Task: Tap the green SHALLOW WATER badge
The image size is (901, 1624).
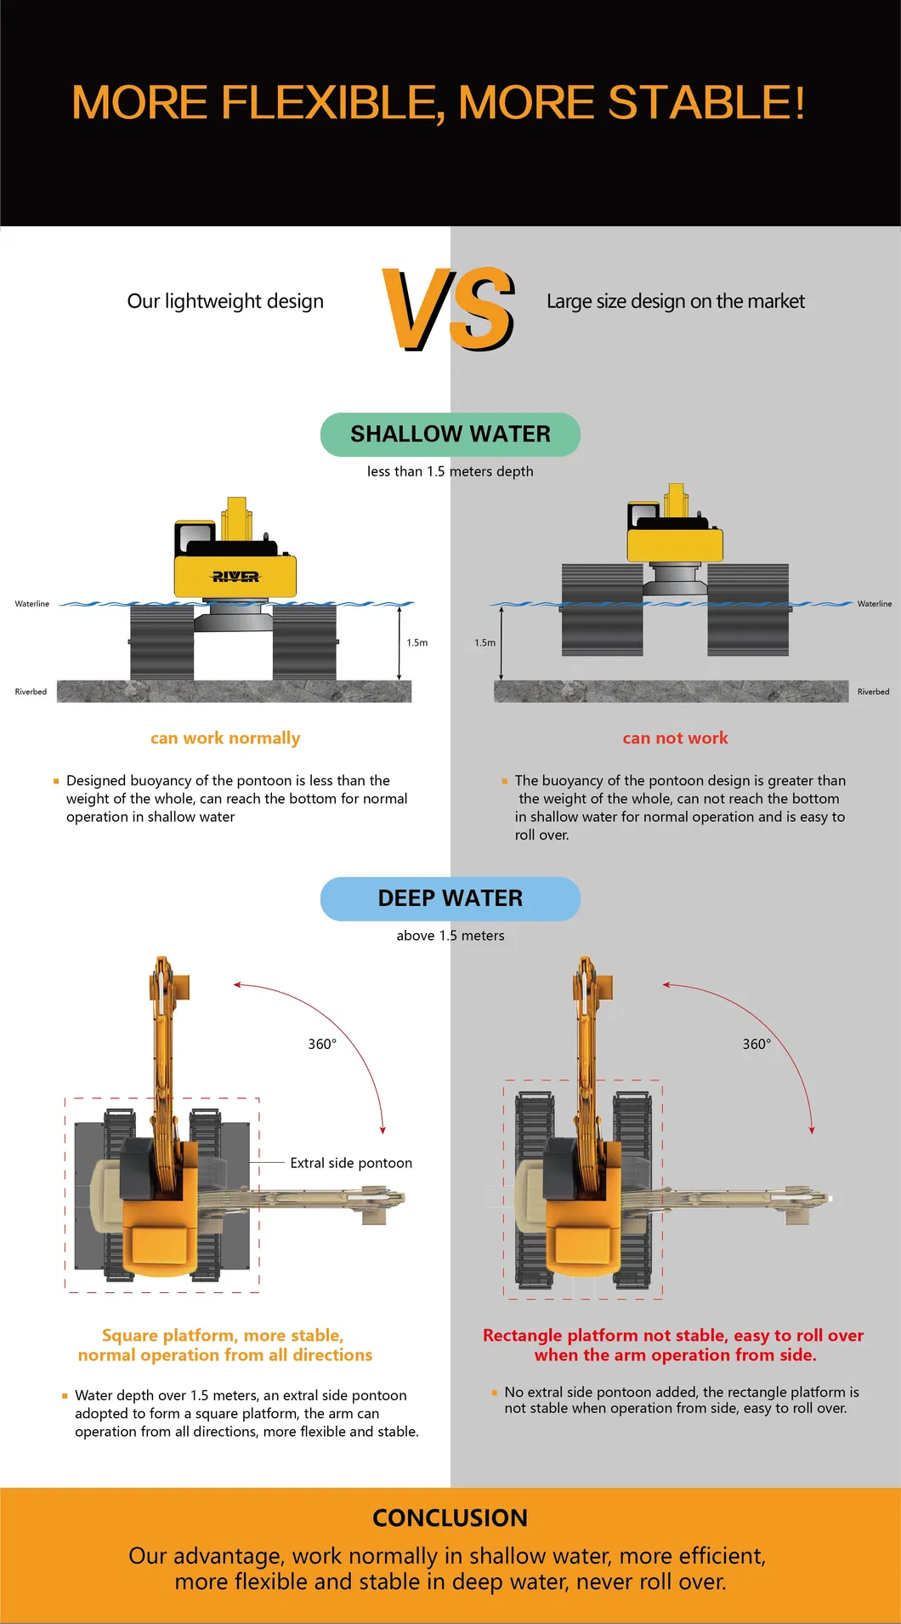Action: click(x=450, y=435)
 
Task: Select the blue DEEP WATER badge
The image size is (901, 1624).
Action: click(x=450, y=898)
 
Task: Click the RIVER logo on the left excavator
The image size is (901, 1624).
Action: click(x=235, y=577)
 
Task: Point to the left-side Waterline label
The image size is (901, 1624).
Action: click(x=32, y=604)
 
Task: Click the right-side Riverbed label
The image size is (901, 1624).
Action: click(x=873, y=692)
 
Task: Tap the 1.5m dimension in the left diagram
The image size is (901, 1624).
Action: click(x=416, y=643)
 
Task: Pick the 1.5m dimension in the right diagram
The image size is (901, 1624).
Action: click(x=484, y=643)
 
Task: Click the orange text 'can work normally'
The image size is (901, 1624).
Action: click(x=225, y=738)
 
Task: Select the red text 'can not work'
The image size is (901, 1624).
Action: click(x=675, y=738)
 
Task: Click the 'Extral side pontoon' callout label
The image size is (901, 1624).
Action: click(x=351, y=1163)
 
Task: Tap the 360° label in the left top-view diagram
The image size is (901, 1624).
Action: click(x=322, y=1044)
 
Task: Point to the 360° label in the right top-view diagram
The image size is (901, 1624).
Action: click(x=756, y=1044)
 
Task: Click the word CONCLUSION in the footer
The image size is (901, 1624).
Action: click(x=450, y=1518)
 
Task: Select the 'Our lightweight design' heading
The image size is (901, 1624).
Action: click(x=225, y=301)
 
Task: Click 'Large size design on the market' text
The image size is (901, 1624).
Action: click(x=675, y=301)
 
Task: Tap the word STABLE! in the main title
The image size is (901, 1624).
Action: click(x=705, y=103)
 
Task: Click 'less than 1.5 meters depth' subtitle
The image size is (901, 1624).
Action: click(x=450, y=471)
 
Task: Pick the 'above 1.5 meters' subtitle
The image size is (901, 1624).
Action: click(x=450, y=936)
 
